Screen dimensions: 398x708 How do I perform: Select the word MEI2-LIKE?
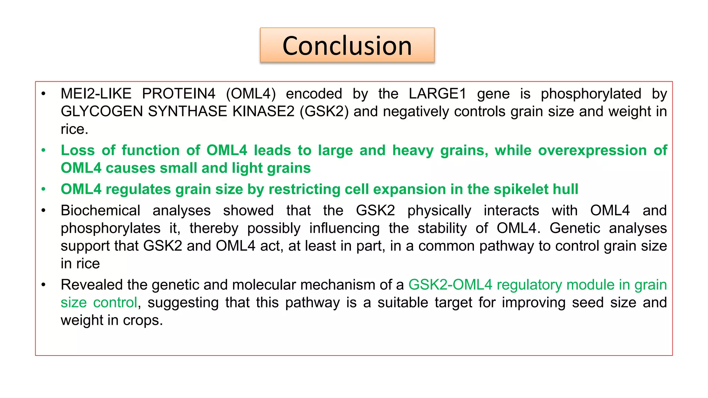click(x=96, y=94)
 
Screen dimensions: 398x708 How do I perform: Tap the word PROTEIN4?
click(x=179, y=94)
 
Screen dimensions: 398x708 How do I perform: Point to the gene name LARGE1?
click(x=437, y=94)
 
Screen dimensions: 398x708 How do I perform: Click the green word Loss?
click(x=78, y=150)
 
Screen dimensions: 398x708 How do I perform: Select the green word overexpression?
click(x=592, y=150)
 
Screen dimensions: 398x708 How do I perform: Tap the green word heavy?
click(x=413, y=150)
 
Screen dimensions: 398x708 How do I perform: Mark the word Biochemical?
click(x=100, y=210)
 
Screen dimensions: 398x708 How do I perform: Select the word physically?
click(x=439, y=211)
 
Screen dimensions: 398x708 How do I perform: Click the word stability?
click(x=443, y=228)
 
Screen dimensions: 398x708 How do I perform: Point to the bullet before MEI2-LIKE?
click(x=44, y=94)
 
